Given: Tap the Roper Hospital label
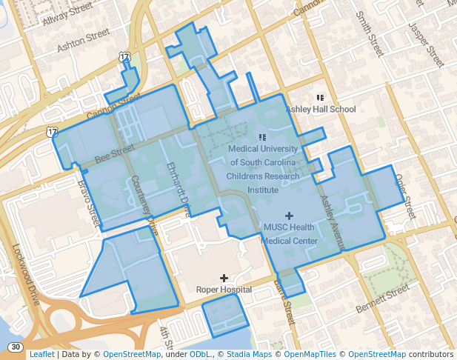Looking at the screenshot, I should point(224,290).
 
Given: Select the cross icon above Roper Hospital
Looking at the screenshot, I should point(224,278).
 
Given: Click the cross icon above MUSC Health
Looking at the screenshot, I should point(289,215).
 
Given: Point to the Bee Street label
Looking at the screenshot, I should point(114,153).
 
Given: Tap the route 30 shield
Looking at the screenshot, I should point(16,347).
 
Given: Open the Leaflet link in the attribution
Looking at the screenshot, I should point(41,354).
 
